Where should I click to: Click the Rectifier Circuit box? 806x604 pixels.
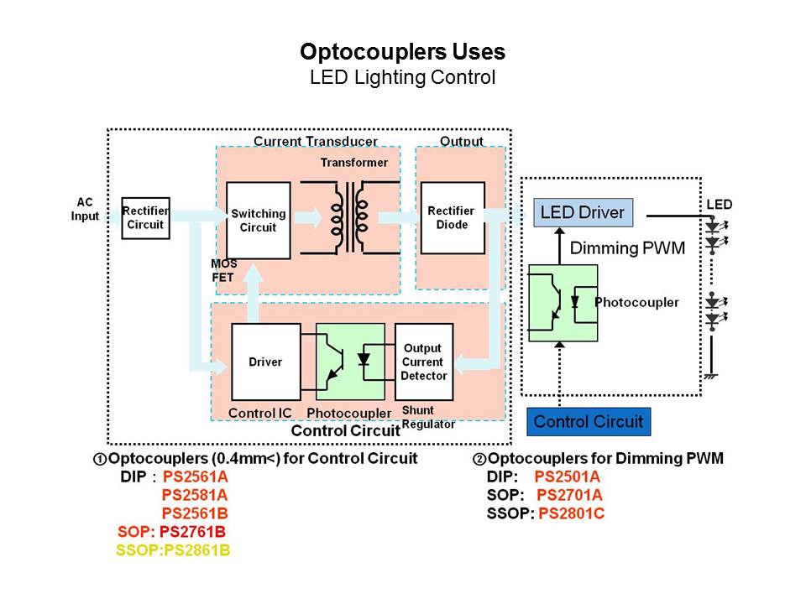point(145,218)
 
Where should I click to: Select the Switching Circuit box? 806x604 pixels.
point(258,221)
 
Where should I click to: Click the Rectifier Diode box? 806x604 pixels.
point(451,218)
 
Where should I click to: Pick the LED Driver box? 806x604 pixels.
point(583,212)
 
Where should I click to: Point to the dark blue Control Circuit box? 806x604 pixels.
point(588,421)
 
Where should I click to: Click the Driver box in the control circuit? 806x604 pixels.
point(265,362)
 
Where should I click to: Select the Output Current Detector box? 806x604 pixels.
point(423,362)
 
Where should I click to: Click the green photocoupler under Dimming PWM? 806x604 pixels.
point(563,303)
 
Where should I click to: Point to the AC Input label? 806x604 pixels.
point(86,209)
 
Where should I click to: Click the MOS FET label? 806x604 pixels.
point(222,270)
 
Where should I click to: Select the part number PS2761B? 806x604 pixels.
point(193,531)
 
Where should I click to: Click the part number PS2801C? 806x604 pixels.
point(571,513)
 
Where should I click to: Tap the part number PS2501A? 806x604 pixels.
point(568,476)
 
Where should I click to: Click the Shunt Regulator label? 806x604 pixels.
point(428,417)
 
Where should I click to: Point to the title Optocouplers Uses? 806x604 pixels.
point(403,52)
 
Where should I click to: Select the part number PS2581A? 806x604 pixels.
point(195,494)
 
